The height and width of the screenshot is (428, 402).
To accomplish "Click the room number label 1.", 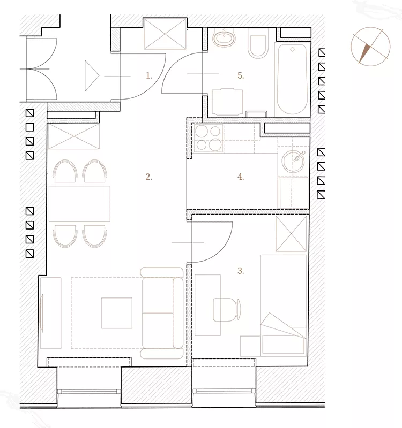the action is (x=149, y=75).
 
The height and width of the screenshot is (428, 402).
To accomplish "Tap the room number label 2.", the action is (x=149, y=177).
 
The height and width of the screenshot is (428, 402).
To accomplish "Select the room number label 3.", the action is (x=241, y=271).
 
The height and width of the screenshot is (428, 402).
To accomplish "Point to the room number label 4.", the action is (x=241, y=177).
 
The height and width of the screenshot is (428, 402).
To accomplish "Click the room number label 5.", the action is (x=241, y=75).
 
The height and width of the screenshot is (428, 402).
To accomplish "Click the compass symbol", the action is (x=370, y=47).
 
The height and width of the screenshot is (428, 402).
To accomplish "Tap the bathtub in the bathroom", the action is (x=292, y=79).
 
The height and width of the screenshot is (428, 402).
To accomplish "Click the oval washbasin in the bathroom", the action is (x=224, y=38).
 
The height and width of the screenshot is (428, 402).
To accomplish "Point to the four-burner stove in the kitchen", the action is (x=209, y=137).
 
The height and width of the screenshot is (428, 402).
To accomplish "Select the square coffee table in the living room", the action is (x=117, y=313).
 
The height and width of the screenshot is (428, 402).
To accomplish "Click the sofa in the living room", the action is (x=162, y=313).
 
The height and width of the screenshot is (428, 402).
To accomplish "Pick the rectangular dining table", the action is (x=79, y=204).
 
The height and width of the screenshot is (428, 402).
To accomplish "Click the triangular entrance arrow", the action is (x=92, y=75).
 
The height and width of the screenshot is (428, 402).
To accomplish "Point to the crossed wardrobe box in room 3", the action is (x=291, y=234).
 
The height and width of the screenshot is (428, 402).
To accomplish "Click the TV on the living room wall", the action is (x=42, y=313).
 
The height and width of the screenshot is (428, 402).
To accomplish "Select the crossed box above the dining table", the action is (x=74, y=136).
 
